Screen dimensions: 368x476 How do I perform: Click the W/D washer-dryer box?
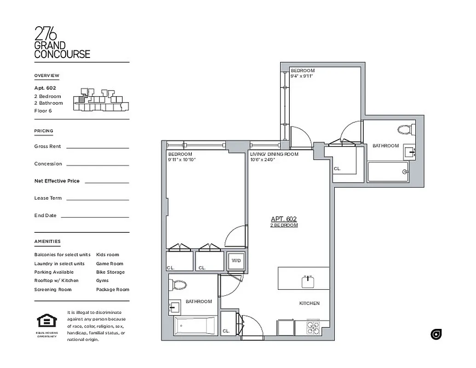[236, 261]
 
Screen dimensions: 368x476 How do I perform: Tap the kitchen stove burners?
[313, 328]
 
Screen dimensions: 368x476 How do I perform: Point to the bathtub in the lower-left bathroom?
[194, 327]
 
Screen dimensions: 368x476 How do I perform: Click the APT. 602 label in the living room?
[284, 219]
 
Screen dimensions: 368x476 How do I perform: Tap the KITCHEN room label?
[309, 304]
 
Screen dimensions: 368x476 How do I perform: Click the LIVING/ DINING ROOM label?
[274, 154]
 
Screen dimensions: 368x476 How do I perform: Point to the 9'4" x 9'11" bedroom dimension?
[302, 76]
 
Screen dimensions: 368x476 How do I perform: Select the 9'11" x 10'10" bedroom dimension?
[182, 160]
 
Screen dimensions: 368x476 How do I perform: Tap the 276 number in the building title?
[46, 34]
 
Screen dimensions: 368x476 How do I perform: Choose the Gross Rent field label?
[47, 146]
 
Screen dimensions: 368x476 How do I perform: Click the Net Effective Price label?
[57, 181]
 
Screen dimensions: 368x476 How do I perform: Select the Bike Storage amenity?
[110, 272]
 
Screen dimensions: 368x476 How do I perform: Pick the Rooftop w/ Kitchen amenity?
[56, 281]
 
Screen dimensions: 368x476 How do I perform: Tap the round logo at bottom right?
[436, 334]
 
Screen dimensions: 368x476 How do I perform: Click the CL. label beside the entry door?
[226, 331]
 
